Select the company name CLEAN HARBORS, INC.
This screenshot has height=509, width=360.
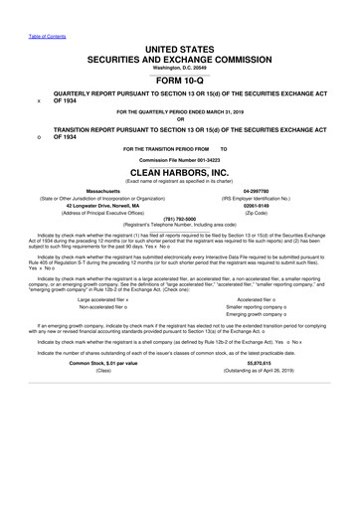click(x=180, y=172)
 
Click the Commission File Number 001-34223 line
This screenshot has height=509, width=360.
click(x=180, y=160)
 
